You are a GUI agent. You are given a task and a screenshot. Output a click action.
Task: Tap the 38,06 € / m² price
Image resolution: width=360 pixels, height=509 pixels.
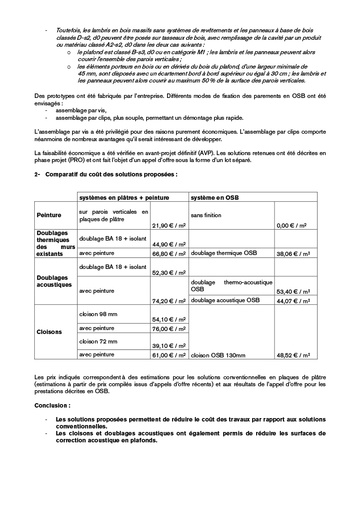coord(293,254)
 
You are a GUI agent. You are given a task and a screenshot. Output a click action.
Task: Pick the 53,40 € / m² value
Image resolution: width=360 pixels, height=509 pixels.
coord(293,291)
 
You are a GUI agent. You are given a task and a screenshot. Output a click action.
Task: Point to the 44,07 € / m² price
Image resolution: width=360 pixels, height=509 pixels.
coord(293,300)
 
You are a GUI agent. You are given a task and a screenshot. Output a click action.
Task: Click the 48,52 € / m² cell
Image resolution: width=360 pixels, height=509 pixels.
coord(293,355)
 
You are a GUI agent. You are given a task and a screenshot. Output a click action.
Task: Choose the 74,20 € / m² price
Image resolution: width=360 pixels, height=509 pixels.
coord(169,300)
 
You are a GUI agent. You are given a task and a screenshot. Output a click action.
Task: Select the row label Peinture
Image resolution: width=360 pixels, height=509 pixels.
coord(49,215)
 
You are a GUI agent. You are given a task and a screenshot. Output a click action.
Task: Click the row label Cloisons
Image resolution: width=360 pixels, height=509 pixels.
coord(49,332)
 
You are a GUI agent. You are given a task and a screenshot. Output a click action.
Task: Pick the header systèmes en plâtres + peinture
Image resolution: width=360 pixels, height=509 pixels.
coord(124,197)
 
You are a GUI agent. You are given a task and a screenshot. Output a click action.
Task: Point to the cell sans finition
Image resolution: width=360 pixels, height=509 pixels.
coord(206,215)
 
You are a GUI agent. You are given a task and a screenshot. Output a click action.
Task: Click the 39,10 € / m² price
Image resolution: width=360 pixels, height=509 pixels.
coord(169,346)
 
